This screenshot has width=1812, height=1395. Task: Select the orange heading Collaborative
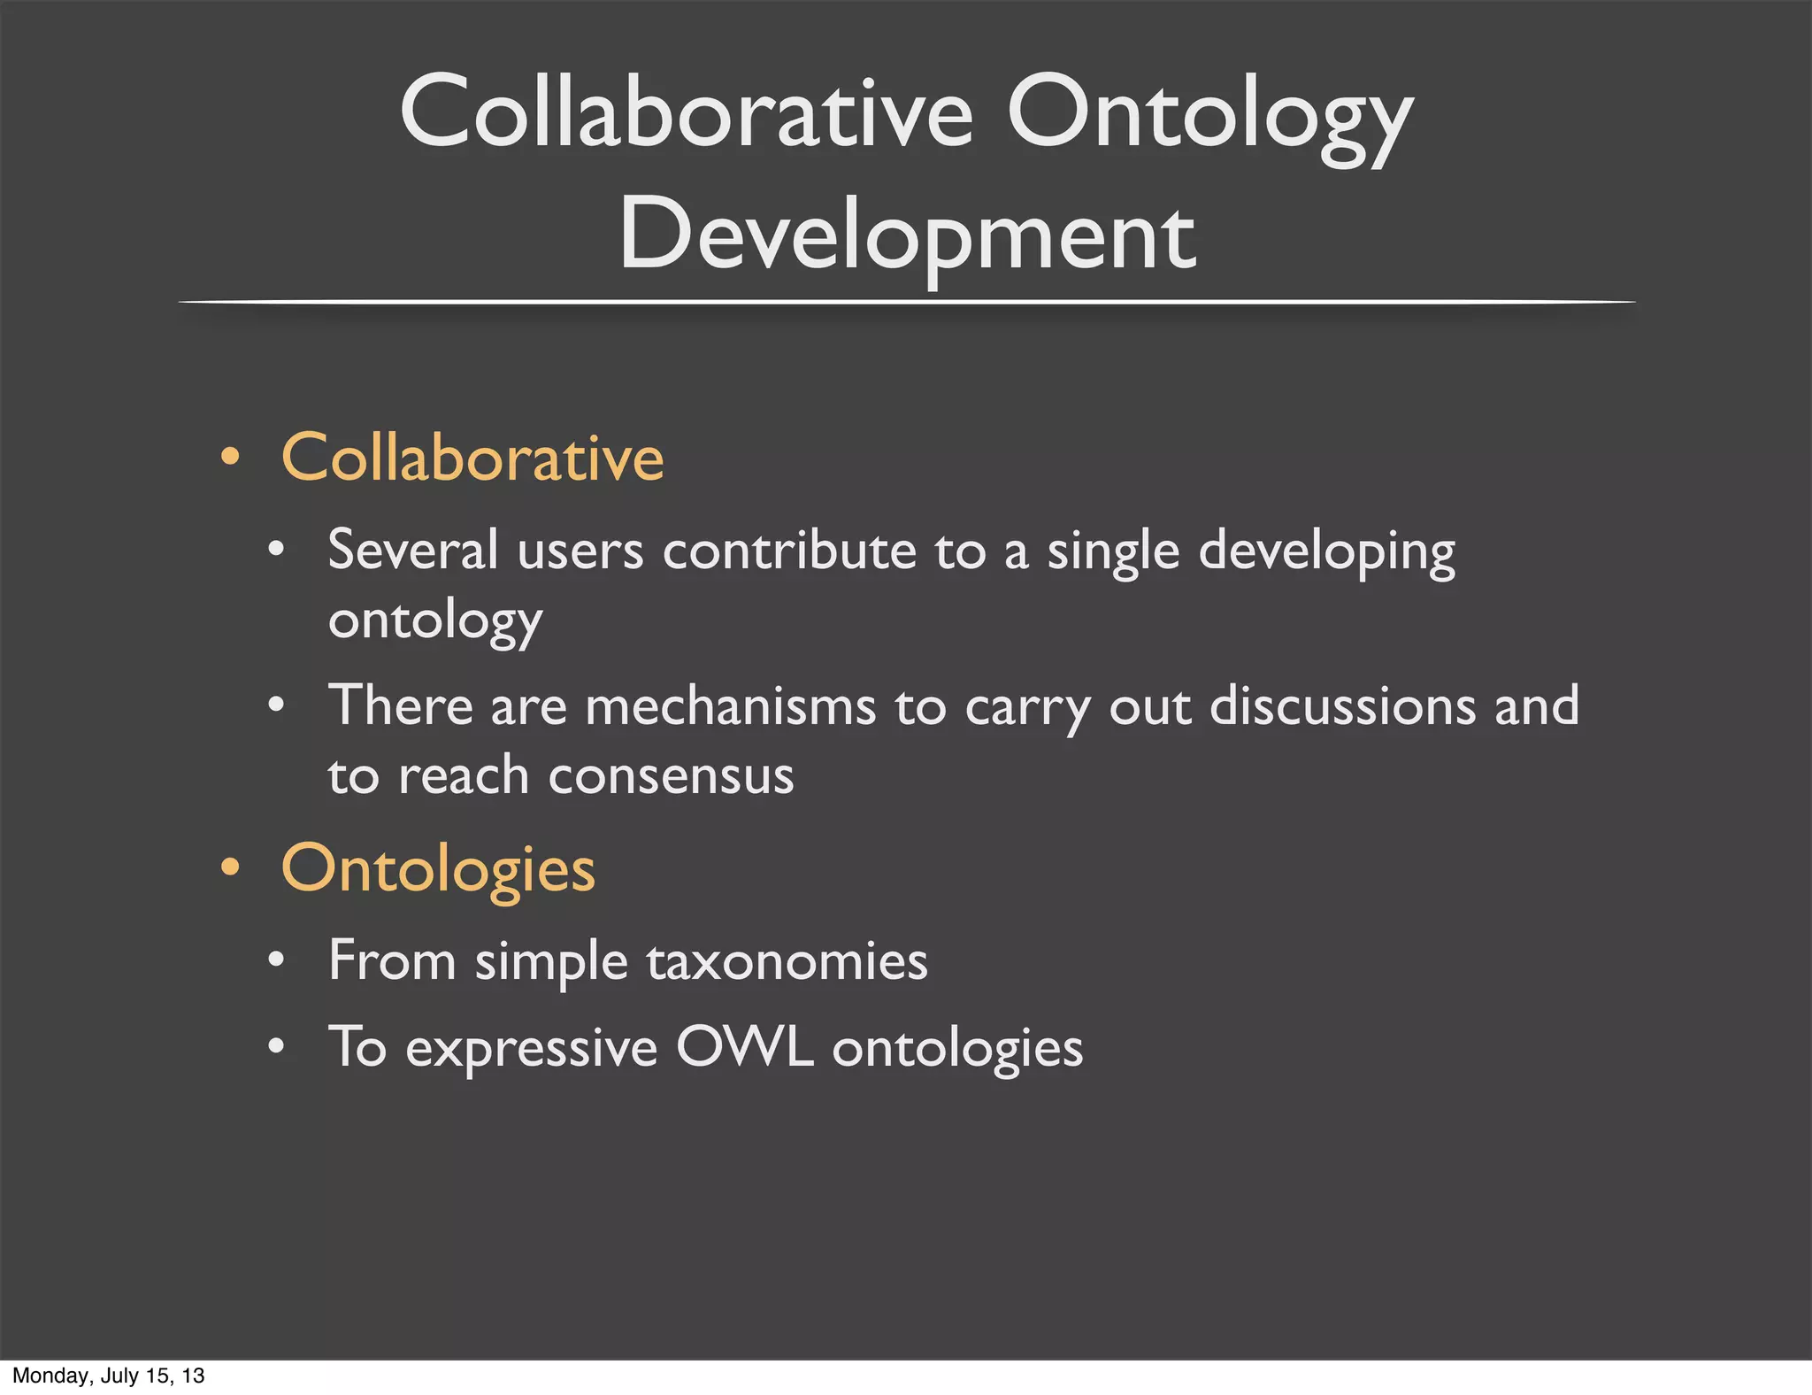tap(472, 458)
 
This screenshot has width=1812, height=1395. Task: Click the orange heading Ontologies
tap(438, 868)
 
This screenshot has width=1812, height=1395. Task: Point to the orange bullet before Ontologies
tap(230, 867)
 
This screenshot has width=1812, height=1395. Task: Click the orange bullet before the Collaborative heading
tap(230, 458)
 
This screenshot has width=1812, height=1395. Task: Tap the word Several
tap(412, 550)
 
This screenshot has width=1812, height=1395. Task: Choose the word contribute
tap(788, 551)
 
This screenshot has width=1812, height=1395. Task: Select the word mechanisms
tap(730, 706)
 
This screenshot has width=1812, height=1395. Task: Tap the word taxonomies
tap(787, 961)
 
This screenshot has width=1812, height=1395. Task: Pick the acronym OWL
tap(744, 1047)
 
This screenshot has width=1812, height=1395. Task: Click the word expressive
tap(531, 1049)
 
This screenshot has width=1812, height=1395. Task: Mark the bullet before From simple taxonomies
tap(276, 960)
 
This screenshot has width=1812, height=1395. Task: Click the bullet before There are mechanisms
tap(276, 705)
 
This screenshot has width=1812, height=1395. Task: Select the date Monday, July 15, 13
tap(108, 1376)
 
